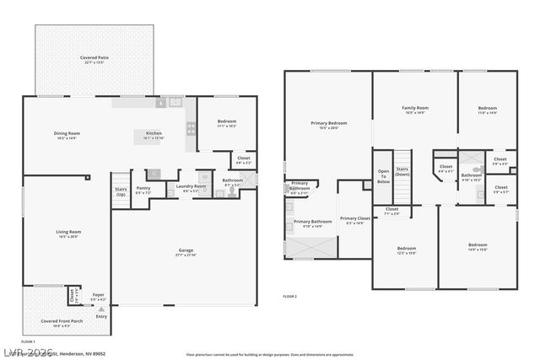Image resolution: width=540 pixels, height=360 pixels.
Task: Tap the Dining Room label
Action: [x=67, y=133]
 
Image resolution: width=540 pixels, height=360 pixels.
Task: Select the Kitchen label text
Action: [x=154, y=133]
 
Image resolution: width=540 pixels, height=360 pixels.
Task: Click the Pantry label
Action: [x=143, y=189]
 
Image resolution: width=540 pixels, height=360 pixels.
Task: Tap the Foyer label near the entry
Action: [x=99, y=297]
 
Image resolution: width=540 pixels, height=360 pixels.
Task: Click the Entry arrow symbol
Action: [x=101, y=309]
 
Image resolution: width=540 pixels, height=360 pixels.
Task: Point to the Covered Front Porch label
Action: [x=62, y=320]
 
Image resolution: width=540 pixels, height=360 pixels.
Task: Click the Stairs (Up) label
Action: [x=121, y=190]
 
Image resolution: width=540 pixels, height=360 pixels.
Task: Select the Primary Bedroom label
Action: [x=328, y=123]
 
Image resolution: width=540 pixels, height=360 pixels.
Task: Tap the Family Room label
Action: [x=414, y=108]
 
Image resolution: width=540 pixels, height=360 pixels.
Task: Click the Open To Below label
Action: [x=383, y=176]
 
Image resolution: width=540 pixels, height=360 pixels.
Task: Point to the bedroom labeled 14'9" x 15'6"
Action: [x=478, y=245]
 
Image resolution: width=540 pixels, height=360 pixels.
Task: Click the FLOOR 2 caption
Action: [x=290, y=297]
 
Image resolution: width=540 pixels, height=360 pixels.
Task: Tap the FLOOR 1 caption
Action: [x=27, y=341]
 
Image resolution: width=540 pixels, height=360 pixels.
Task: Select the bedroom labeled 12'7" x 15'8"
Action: [x=407, y=248]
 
